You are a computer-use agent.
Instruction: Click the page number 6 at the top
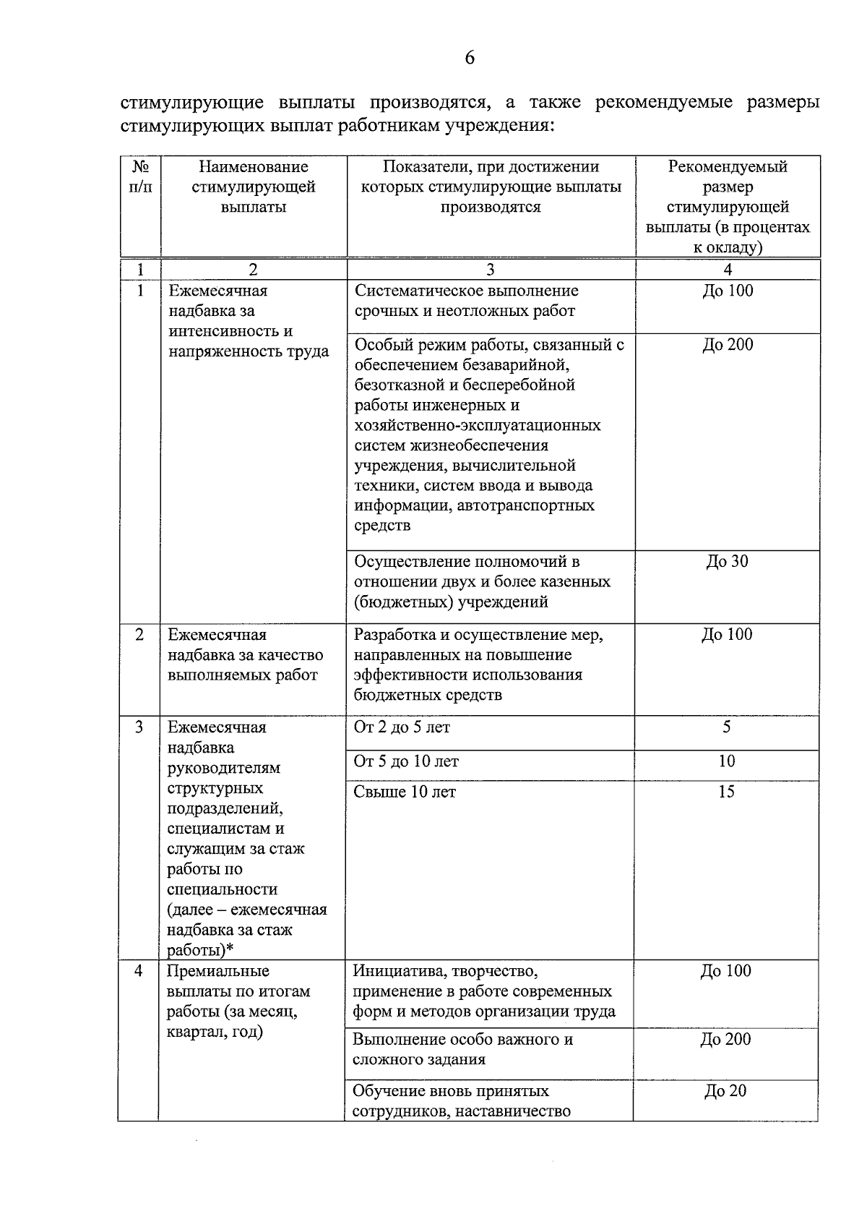point(470,59)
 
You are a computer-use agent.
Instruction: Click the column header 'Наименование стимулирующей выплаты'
point(253,187)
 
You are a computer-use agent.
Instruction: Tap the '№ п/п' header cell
point(140,176)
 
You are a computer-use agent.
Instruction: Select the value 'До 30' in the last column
point(727,561)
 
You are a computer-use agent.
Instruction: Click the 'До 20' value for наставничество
point(725,1091)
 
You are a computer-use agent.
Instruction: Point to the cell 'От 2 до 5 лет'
point(402,727)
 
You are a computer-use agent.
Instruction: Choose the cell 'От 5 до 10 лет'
point(406,761)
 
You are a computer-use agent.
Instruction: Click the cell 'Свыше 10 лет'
point(405,792)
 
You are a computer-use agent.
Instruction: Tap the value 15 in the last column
point(726,792)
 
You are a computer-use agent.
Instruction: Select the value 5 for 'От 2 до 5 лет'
point(726,727)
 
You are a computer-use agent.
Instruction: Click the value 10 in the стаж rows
point(726,761)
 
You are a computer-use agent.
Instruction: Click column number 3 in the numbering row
point(491,270)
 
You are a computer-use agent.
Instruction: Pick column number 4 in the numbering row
point(728,270)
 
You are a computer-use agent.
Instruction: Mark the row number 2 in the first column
point(139,635)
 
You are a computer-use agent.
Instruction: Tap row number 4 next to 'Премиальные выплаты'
point(139,971)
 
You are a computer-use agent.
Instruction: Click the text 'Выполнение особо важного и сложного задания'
point(462,1050)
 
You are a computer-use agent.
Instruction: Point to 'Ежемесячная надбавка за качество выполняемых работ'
point(245,655)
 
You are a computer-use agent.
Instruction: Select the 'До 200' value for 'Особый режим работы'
point(728,345)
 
